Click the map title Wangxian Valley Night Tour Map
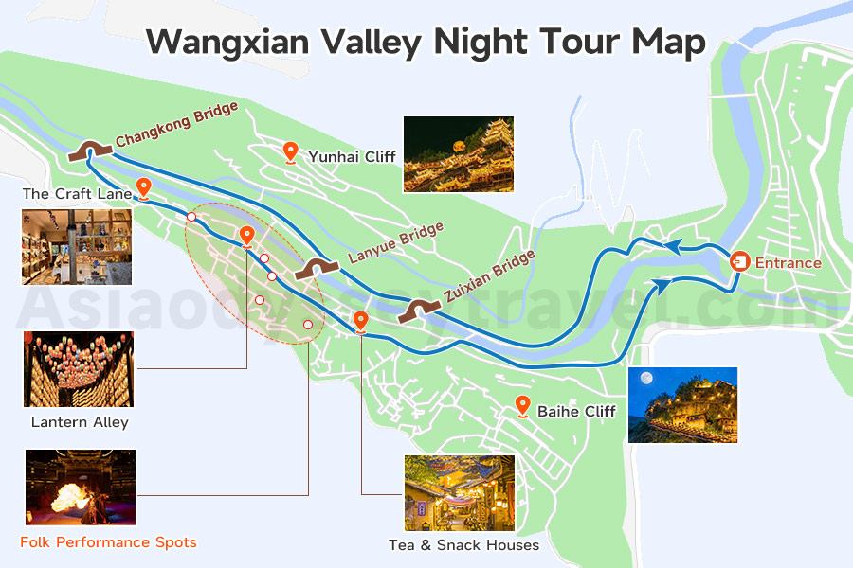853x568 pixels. pyautogui.click(x=426, y=43)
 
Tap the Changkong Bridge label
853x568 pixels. pyautogui.click(x=176, y=125)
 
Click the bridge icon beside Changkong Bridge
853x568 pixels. pyautogui.click(x=91, y=149)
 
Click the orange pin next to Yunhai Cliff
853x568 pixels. pyautogui.click(x=291, y=151)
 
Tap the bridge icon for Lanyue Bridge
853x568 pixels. pyautogui.click(x=314, y=269)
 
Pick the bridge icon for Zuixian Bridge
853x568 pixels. pyautogui.click(x=419, y=310)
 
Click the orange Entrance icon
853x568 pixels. pyautogui.click(x=740, y=261)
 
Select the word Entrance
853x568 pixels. pyautogui.click(x=788, y=262)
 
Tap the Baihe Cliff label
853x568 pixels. pyautogui.click(x=576, y=411)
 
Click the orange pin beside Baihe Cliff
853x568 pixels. pyautogui.click(x=522, y=406)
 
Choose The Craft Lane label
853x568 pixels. pyautogui.click(x=77, y=193)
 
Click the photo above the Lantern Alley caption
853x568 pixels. pyautogui.click(x=79, y=369)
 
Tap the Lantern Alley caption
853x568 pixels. pyautogui.click(x=80, y=422)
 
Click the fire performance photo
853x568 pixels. pyautogui.click(x=81, y=488)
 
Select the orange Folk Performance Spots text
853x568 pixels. pyautogui.click(x=108, y=542)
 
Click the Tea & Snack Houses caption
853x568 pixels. pyautogui.click(x=463, y=545)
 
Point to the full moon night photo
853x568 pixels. pyautogui.click(x=682, y=405)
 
